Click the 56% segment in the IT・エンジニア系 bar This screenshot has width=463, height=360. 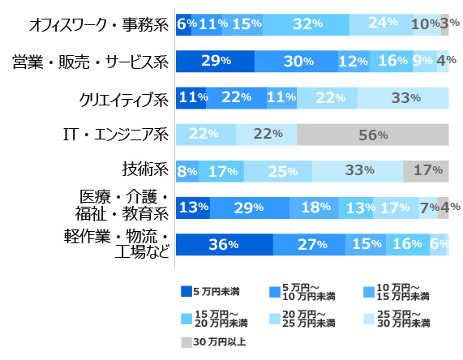coord(373,135)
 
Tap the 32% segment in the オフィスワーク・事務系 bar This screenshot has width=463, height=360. coord(306,24)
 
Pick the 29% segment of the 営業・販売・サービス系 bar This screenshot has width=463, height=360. coord(215,62)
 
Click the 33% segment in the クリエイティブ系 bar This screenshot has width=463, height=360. coord(403,98)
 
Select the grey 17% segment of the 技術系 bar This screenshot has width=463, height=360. coord(426,171)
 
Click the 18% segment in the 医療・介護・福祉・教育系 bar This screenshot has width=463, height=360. coord(314,208)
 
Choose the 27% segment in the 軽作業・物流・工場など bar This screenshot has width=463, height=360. coord(309,244)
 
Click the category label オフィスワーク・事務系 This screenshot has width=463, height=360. coord(91,24)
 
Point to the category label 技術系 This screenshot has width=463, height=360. coord(144,170)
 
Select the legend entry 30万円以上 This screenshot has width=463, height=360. coord(213,342)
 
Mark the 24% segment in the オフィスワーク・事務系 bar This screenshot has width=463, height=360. coord(380,24)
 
